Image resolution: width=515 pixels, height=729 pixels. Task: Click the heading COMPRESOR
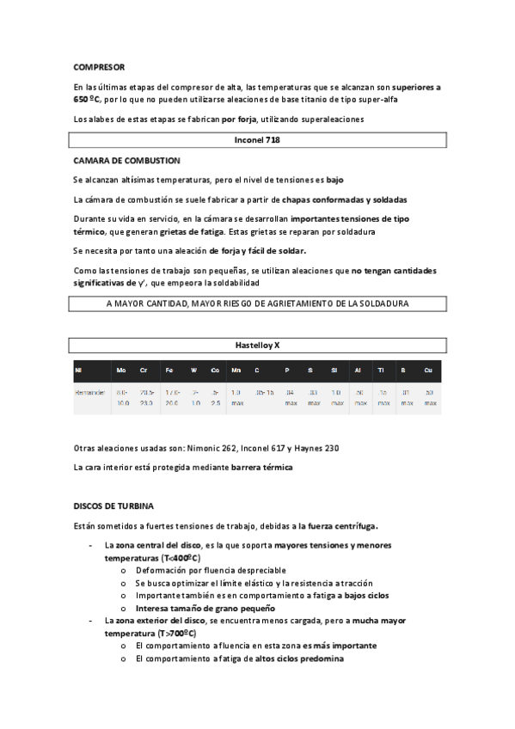click(x=99, y=67)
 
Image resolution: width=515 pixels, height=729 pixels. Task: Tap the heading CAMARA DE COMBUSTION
click(x=126, y=160)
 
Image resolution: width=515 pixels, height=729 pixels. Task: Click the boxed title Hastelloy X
click(x=258, y=345)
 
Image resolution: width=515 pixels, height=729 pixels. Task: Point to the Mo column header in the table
click(x=121, y=371)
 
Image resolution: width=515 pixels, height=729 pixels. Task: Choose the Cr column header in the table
click(x=144, y=371)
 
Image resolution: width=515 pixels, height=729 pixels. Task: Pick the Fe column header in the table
click(x=169, y=371)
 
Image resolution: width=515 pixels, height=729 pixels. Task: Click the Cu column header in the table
click(x=428, y=371)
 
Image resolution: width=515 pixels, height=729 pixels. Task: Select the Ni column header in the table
click(x=78, y=371)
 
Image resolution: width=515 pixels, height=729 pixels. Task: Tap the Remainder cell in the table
click(x=90, y=392)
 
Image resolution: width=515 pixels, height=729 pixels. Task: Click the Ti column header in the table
click(x=381, y=371)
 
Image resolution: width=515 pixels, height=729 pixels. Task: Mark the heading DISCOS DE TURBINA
click(x=113, y=505)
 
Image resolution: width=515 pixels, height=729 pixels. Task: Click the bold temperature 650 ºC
click(x=90, y=100)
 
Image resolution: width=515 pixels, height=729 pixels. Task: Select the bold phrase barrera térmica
click(x=262, y=468)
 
